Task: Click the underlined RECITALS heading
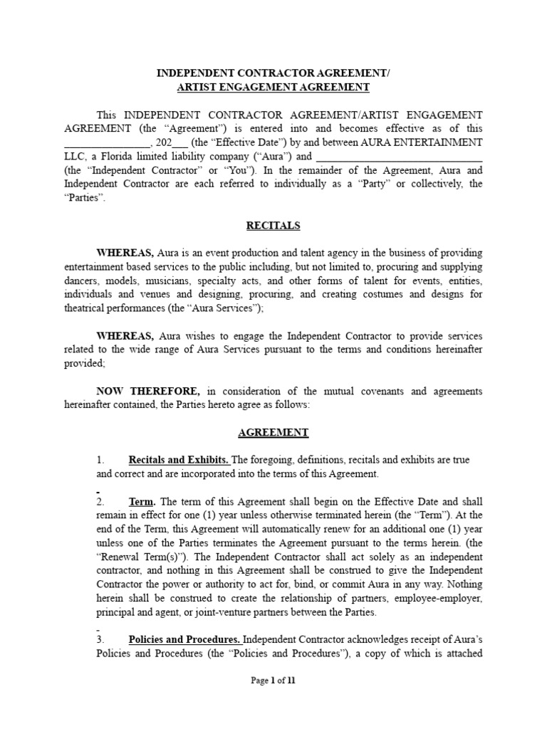coord(273,226)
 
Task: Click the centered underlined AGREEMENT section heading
coord(273,432)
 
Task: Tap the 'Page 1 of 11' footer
coord(273,681)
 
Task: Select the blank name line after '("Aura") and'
coord(399,156)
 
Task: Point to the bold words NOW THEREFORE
coord(149,391)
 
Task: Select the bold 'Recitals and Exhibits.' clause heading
coord(179,460)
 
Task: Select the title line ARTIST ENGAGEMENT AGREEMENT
coord(273,87)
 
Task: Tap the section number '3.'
coord(100,639)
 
